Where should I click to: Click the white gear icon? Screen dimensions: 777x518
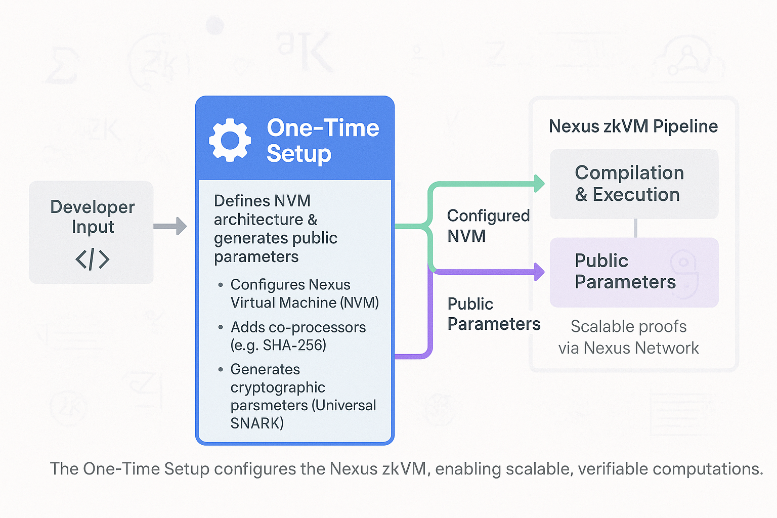(x=230, y=140)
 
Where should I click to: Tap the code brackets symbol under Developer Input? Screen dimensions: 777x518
(x=92, y=259)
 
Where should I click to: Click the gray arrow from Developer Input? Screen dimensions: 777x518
(x=170, y=226)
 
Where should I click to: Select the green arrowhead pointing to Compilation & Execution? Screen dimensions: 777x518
(x=539, y=184)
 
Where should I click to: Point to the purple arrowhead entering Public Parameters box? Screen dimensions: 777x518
(x=539, y=272)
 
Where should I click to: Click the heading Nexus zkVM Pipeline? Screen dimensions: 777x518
(x=633, y=126)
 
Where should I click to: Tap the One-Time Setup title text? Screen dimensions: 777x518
(x=323, y=140)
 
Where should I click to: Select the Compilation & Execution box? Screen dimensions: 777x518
(x=634, y=184)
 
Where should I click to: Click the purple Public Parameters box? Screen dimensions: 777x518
(x=634, y=272)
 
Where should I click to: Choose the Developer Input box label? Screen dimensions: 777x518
(x=92, y=217)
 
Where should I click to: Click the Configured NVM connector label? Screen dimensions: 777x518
(x=488, y=226)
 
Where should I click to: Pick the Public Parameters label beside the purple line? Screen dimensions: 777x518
(x=494, y=314)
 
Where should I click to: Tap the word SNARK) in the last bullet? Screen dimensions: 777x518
(x=257, y=423)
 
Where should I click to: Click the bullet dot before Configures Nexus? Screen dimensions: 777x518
(x=220, y=285)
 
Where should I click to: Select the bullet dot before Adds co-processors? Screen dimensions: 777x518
(x=220, y=327)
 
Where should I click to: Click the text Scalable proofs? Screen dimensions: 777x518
(x=629, y=326)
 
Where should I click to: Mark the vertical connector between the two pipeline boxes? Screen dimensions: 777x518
(x=635, y=228)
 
